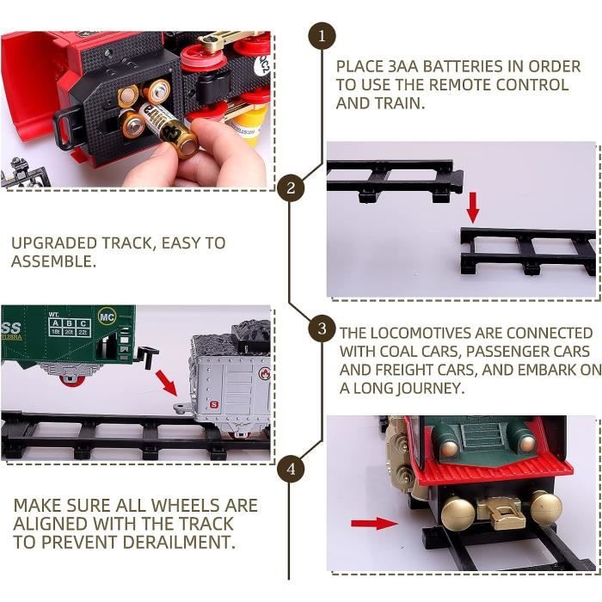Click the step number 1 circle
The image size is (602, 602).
click(x=322, y=36)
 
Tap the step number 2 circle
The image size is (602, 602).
click(x=291, y=187)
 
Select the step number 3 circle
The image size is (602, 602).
click(x=322, y=329)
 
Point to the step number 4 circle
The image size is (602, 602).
click(x=291, y=469)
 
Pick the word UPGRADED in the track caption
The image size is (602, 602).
click(x=53, y=243)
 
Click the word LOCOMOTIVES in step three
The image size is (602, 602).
click(x=437, y=333)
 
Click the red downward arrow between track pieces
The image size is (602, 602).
click(x=473, y=207)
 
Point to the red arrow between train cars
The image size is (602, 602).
click(x=166, y=383)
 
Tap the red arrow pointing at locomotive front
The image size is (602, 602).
click(x=374, y=523)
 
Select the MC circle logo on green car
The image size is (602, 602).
click(x=107, y=317)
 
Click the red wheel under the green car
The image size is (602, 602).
click(x=71, y=380)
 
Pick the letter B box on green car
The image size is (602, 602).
click(x=70, y=323)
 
